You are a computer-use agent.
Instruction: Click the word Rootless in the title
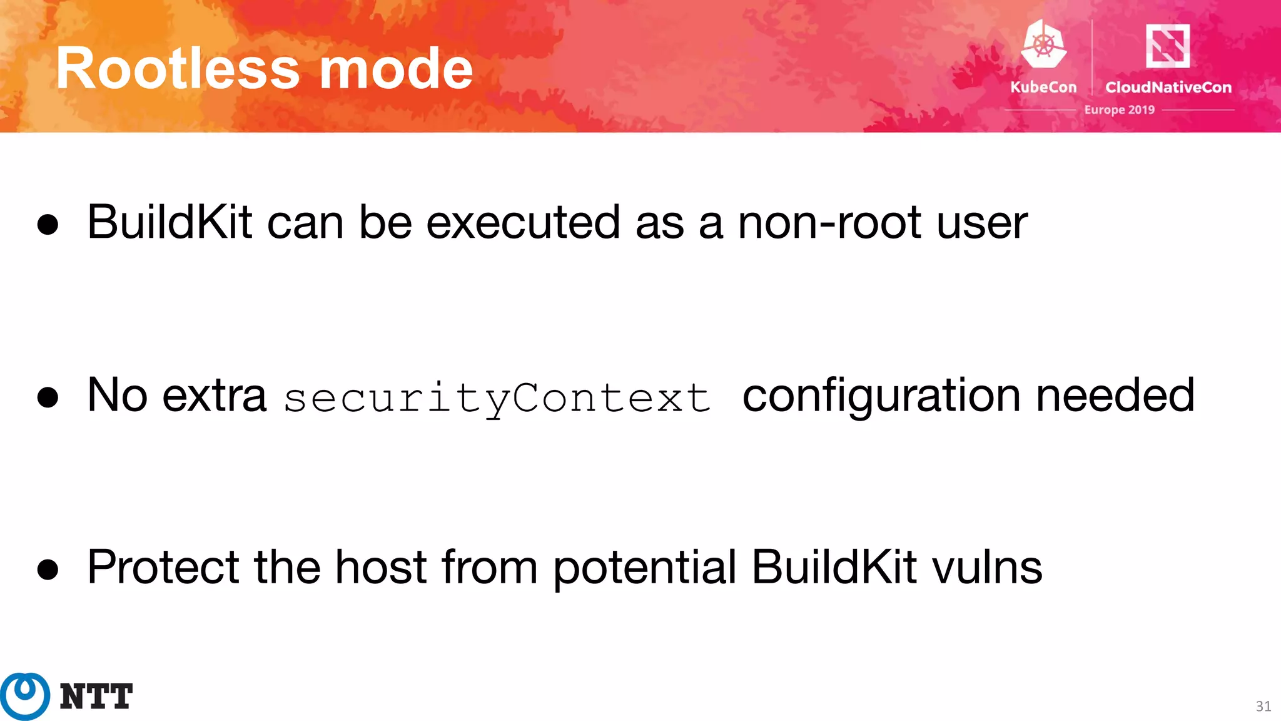click(x=178, y=69)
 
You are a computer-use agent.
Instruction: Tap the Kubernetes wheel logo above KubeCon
click(x=1043, y=44)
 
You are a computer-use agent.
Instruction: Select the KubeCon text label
click(x=1043, y=87)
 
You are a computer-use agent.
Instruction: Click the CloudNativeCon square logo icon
click(x=1167, y=46)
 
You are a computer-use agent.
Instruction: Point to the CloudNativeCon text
click(x=1168, y=87)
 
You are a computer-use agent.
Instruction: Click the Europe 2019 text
click(x=1119, y=110)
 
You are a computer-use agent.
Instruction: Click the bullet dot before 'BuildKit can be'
click(x=48, y=225)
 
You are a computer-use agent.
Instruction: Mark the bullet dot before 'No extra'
click(x=48, y=397)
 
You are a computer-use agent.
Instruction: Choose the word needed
click(x=1115, y=396)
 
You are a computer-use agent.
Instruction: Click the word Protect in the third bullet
click(x=163, y=567)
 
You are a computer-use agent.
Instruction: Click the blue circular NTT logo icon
click(x=25, y=696)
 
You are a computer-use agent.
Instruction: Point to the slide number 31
click(x=1263, y=707)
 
